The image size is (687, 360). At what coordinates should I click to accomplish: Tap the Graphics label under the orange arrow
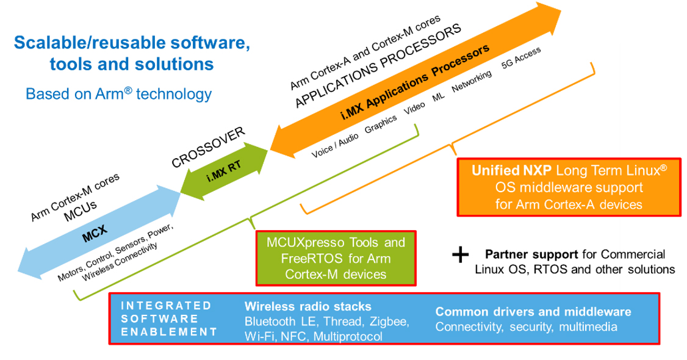point(381,124)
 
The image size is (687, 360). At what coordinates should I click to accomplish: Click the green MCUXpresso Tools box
point(335,258)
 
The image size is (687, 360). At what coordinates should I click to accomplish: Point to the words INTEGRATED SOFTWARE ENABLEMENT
point(165,319)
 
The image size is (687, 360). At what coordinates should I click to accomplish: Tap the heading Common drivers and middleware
point(533,312)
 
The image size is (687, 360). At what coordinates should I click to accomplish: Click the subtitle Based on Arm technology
point(118,94)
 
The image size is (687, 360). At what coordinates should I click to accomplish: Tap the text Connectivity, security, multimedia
point(526,327)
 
